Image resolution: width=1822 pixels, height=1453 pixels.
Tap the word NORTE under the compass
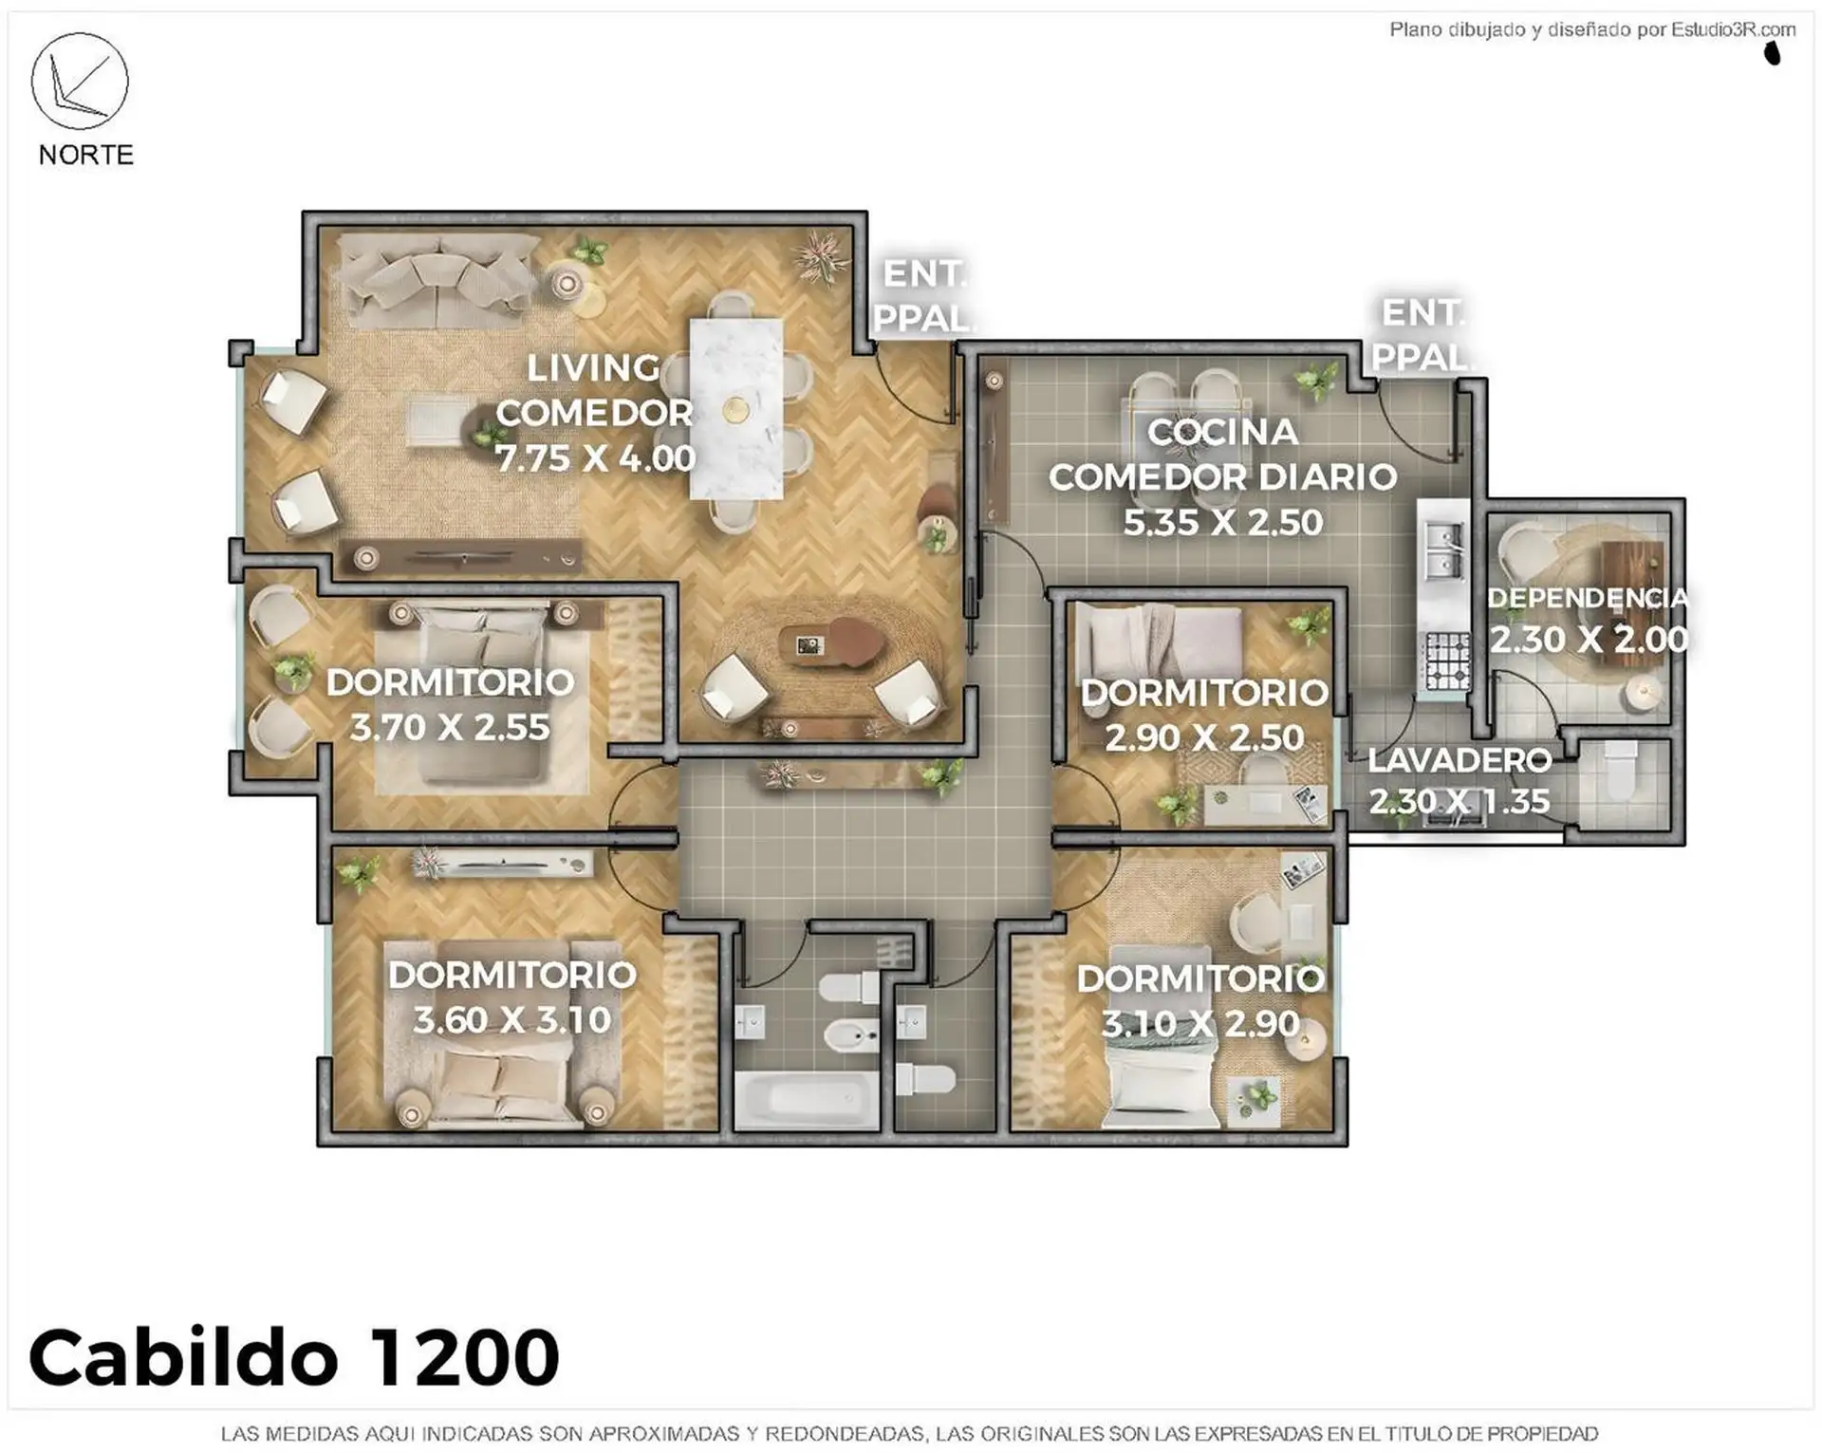(x=86, y=155)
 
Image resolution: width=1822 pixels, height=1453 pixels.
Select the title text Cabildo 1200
(x=294, y=1356)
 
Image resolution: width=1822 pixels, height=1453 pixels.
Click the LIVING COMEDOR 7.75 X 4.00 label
(x=595, y=413)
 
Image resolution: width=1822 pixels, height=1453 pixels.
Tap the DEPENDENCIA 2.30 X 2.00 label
(x=1588, y=619)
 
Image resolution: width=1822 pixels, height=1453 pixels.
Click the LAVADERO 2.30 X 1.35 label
(x=1459, y=780)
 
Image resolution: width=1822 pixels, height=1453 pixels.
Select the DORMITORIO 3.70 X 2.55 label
(x=451, y=704)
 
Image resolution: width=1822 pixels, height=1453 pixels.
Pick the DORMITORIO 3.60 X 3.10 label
(x=512, y=997)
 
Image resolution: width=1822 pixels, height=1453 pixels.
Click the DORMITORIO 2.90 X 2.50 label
(x=1204, y=715)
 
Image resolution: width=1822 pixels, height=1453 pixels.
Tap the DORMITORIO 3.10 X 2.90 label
(x=1200, y=1000)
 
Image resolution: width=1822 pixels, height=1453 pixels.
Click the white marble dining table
(x=736, y=408)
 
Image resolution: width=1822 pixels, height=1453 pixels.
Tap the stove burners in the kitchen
(x=1448, y=661)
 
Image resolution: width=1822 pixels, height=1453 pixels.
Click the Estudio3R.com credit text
(x=1592, y=29)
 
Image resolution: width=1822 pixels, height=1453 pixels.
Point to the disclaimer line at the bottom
(x=910, y=1433)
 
